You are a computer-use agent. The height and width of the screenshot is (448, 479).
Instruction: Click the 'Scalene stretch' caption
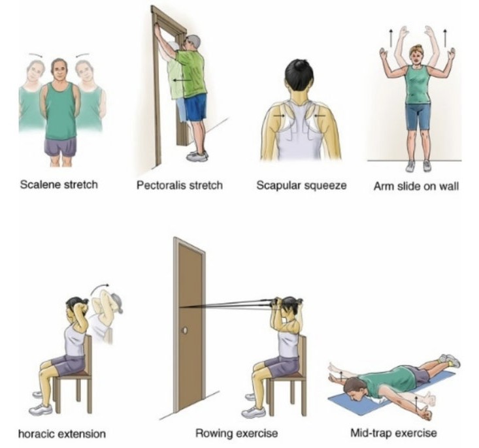(59, 185)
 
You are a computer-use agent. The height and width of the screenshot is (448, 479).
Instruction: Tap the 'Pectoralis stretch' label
(179, 185)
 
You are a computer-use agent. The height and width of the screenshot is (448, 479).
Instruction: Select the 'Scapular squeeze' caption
(301, 185)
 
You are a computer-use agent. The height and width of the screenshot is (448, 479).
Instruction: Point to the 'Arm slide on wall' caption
(416, 186)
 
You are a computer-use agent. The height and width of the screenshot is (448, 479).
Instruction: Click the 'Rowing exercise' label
(237, 433)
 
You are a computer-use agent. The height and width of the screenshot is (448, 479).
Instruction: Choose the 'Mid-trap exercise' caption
(393, 433)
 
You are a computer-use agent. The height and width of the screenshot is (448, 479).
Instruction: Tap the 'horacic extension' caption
(62, 434)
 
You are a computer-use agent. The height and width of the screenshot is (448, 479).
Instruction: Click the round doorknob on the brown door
(184, 330)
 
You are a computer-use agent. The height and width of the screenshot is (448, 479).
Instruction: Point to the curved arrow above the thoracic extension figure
(99, 287)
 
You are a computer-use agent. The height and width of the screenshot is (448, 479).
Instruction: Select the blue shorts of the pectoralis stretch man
(195, 107)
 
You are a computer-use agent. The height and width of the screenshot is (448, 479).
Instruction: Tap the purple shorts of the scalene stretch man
(61, 147)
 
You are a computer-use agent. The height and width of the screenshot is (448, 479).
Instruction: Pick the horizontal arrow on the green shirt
(182, 80)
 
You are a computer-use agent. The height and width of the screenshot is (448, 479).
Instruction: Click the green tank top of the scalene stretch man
(61, 110)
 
